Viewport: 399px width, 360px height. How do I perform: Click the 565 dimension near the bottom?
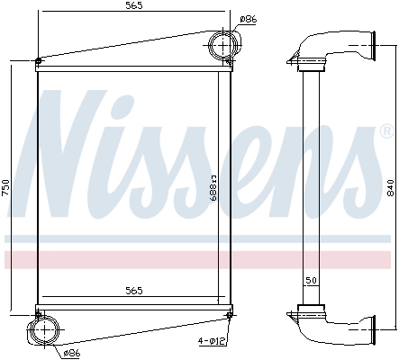pos(133,290)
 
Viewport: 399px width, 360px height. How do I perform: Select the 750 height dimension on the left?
pos(6,187)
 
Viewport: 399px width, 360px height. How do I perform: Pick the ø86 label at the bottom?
pos(73,353)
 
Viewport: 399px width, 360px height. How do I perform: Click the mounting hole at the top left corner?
pos(37,62)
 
